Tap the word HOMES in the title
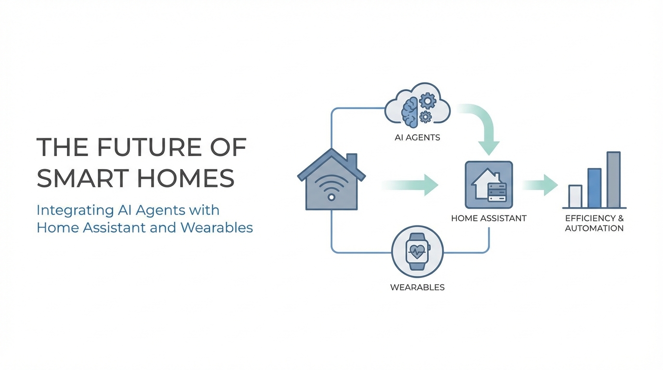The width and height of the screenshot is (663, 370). [186, 178]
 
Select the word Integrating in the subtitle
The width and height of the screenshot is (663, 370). [75, 211]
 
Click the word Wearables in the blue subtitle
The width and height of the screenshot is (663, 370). [216, 227]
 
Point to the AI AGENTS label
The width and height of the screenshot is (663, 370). [417, 137]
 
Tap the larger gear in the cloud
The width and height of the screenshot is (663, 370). [428, 101]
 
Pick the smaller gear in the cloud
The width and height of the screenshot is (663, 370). [425, 117]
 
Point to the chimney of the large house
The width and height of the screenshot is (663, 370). [351, 162]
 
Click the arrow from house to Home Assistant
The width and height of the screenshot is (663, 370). [410, 185]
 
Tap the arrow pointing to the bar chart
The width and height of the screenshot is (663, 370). [540, 185]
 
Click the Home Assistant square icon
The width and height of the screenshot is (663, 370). [489, 185]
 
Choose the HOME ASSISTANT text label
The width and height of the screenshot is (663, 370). [489, 218]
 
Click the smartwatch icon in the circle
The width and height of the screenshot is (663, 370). [417, 251]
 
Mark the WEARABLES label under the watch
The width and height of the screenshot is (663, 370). [417, 288]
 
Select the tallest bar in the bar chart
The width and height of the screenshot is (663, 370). [613, 180]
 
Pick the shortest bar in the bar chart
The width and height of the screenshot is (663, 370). [575, 196]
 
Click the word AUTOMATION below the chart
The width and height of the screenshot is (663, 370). [594, 228]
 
